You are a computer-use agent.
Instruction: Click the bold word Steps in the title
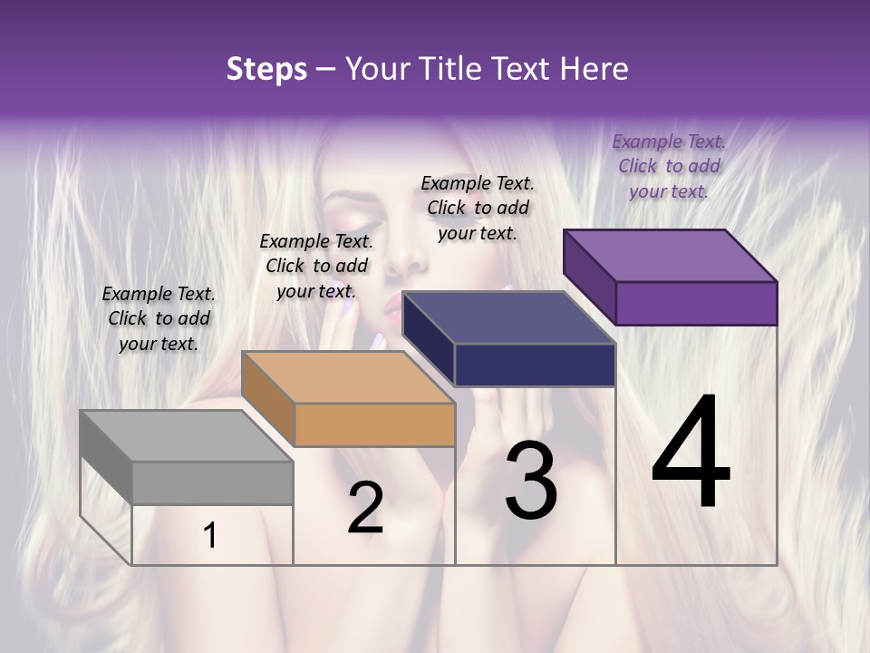click(266, 69)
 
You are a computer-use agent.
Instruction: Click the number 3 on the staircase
click(531, 481)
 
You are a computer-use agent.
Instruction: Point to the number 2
click(365, 508)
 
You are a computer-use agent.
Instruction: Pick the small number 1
click(210, 536)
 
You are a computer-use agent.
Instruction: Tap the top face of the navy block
click(508, 317)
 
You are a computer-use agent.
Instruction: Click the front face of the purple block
click(696, 303)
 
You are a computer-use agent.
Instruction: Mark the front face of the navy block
click(535, 365)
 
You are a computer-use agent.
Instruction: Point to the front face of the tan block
click(374, 424)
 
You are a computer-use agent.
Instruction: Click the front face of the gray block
click(212, 482)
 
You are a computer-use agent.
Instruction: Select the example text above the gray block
click(159, 318)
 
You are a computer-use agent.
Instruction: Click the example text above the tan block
click(316, 266)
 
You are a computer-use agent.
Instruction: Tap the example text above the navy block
click(478, 208)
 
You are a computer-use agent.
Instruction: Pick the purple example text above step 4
click(669, 166)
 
